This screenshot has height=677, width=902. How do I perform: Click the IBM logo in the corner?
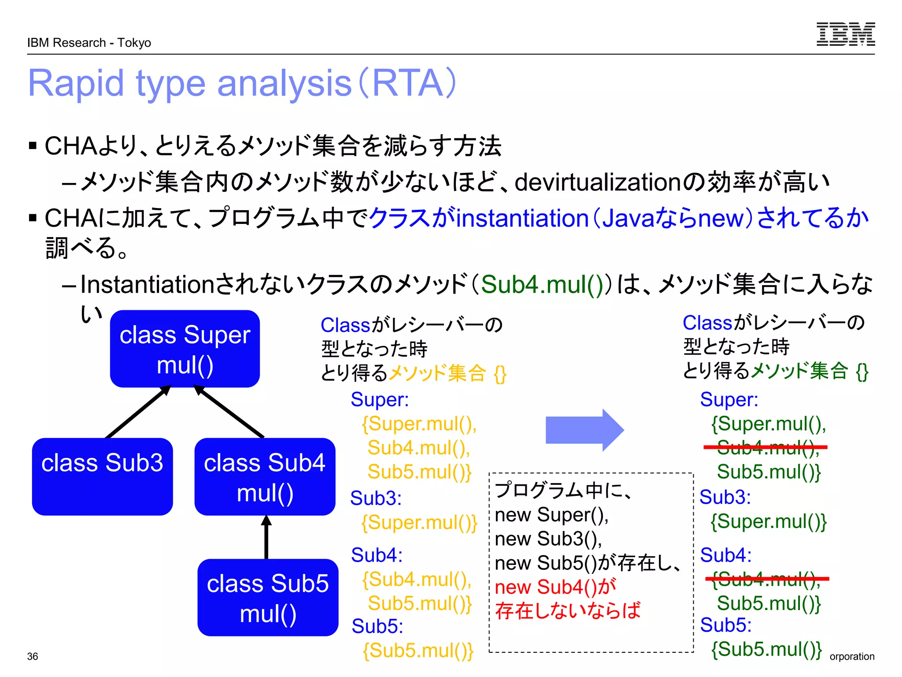845,34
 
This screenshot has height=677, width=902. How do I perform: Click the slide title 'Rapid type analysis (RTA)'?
242,83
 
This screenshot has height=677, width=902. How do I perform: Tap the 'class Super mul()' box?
185,349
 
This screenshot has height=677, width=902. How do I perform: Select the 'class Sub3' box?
102,476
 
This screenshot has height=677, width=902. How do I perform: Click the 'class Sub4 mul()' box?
265,477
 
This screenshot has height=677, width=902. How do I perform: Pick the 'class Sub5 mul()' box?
268,598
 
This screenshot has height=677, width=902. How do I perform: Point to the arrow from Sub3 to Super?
137,413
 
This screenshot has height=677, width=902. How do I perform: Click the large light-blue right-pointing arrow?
584,430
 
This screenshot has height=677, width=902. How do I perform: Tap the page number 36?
33,656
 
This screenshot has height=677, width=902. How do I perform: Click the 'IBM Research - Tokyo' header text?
89,43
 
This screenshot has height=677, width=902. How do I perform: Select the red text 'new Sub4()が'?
555,587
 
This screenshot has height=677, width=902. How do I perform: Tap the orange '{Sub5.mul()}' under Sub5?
418,650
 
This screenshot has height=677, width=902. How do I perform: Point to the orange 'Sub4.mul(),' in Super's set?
418,448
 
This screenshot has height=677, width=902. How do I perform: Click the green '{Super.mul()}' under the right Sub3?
768,522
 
